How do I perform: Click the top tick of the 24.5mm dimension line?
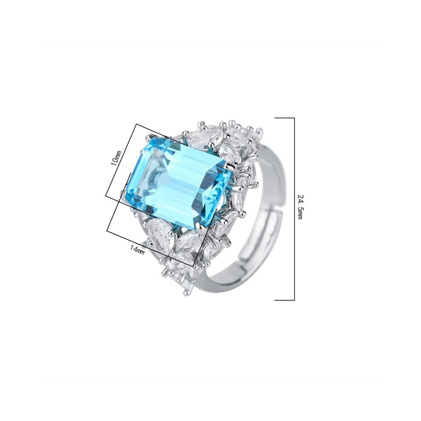click(x=284, y=118)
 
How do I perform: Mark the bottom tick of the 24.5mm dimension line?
click(x=284, y=300)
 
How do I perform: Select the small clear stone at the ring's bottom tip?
click(x=187, y=290)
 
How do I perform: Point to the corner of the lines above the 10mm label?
click(x=136, y=124)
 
